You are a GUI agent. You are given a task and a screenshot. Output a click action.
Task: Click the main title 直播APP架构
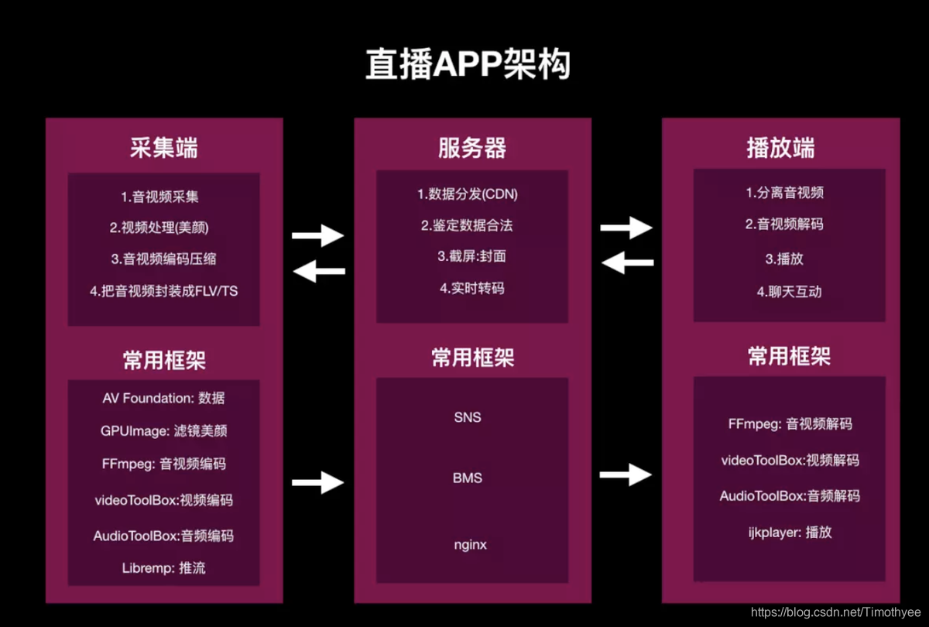tap(468, 65)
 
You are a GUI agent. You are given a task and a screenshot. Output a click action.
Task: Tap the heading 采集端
tap(163, 148)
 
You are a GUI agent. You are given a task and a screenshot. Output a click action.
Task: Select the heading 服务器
tap(472, 148)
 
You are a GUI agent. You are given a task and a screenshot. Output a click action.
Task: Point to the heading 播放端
tap(780, 148)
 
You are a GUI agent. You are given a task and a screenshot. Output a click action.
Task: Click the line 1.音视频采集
tap(164, 197)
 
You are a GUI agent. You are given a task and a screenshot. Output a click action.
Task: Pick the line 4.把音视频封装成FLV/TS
tap(164, 292)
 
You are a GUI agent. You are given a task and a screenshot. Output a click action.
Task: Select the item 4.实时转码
tap(472, 288)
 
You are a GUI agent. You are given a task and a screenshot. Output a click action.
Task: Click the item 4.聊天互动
tap(789, 292)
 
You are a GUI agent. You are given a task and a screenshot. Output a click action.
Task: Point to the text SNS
tap(468, 417)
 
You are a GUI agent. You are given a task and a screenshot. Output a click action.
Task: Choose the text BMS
tap(468, 478)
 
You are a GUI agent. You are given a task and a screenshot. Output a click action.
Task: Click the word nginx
tap(470, 544)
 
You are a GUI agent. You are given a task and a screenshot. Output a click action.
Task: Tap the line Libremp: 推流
tap(164, 568)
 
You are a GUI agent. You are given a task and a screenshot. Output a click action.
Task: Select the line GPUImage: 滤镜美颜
tap(164, 431)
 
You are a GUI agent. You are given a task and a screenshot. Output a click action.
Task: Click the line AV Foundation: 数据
tap(164, 398)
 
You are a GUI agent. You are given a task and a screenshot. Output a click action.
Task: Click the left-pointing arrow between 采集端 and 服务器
tap(318, 270)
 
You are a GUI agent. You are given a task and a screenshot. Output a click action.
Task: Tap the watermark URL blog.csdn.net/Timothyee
tap(837, 612)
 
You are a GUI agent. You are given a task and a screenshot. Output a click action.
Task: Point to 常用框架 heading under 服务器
tap(472, 358)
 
